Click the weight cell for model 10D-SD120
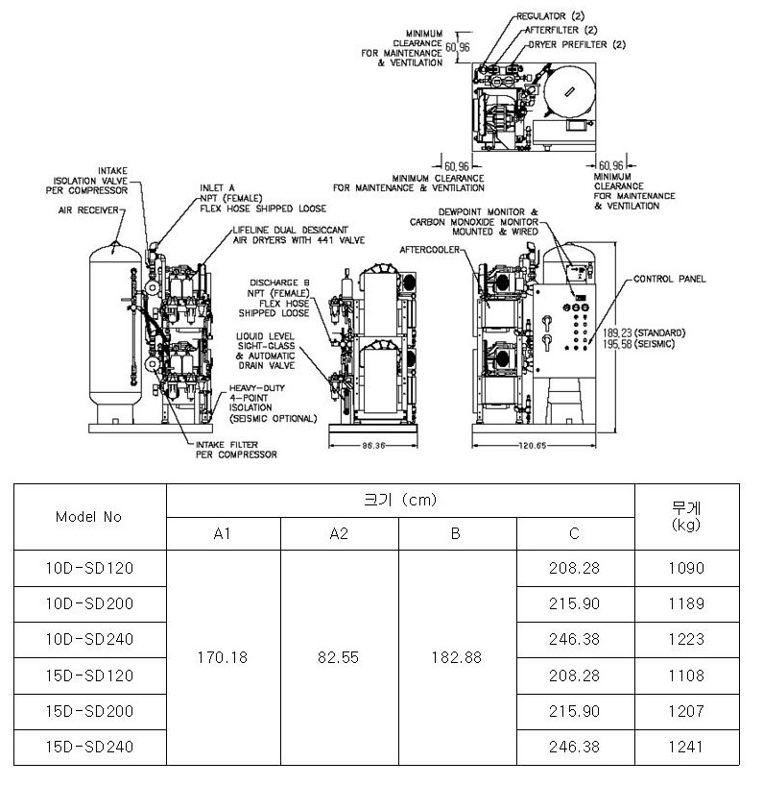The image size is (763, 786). pos(686,568)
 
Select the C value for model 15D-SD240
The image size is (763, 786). pos(574,747)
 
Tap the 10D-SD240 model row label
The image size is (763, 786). pos(89,640)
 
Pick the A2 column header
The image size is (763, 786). pos(339,534)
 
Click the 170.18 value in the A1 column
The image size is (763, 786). pos(223,657)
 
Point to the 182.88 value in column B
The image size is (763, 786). pos(457,657)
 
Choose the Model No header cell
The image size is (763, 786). pos(88,517)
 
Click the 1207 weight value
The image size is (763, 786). pos(686,711)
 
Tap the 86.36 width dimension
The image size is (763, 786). pos(373,445)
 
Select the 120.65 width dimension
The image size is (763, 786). pos(533,445)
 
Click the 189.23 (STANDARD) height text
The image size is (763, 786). pos(644,332)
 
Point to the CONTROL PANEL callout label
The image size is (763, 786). pos(669,279)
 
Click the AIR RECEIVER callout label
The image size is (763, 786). pos(88,210)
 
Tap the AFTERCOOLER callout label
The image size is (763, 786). pos(430,250)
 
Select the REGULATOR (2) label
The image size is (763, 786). pos(551,16)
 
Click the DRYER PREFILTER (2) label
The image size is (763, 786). pos(577,44)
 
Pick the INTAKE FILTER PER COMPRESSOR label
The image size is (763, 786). pos(236,450)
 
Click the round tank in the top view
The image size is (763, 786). pos(570,91)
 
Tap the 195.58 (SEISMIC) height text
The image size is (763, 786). pos(639,344)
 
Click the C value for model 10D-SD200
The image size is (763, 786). pos(574,603)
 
